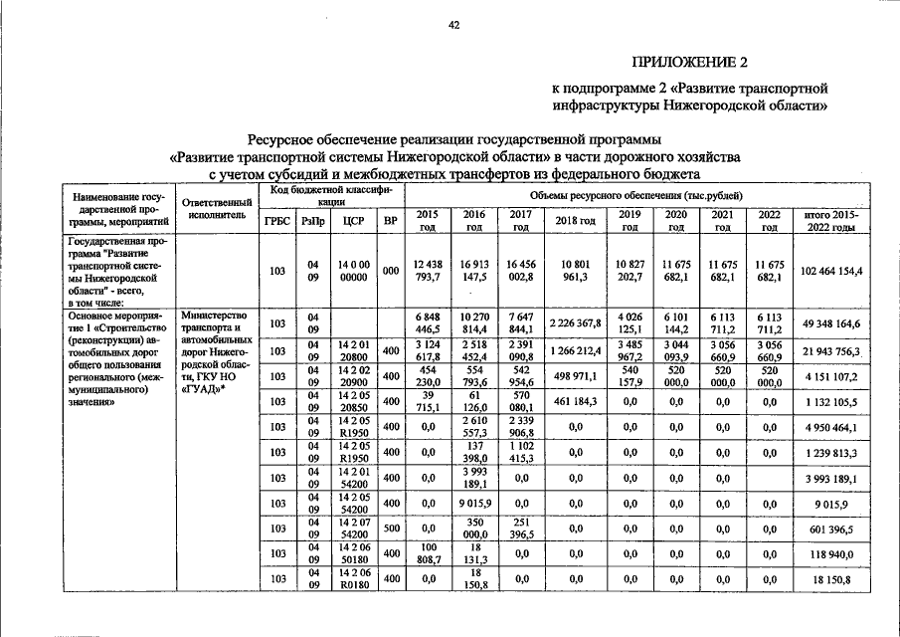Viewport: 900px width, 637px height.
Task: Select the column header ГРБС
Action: (x=277, y=220)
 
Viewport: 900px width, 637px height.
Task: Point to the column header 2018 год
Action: (x=575, y=220)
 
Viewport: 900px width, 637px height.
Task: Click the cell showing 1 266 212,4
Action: (x=575, y=351)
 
